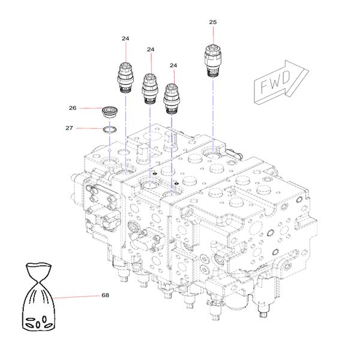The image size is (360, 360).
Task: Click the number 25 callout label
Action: (212, 22)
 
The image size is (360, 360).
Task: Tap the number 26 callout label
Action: (73, 108)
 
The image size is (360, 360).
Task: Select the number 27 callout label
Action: (69, 128)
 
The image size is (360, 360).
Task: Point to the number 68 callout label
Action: (105, 295)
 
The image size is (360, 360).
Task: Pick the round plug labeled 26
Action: (110, 112)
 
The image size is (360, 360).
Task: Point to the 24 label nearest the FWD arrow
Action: (173, 65)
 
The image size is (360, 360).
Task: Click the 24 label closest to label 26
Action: (125, 38)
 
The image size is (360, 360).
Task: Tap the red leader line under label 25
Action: (213, 35)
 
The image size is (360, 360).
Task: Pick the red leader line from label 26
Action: (89, 109)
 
